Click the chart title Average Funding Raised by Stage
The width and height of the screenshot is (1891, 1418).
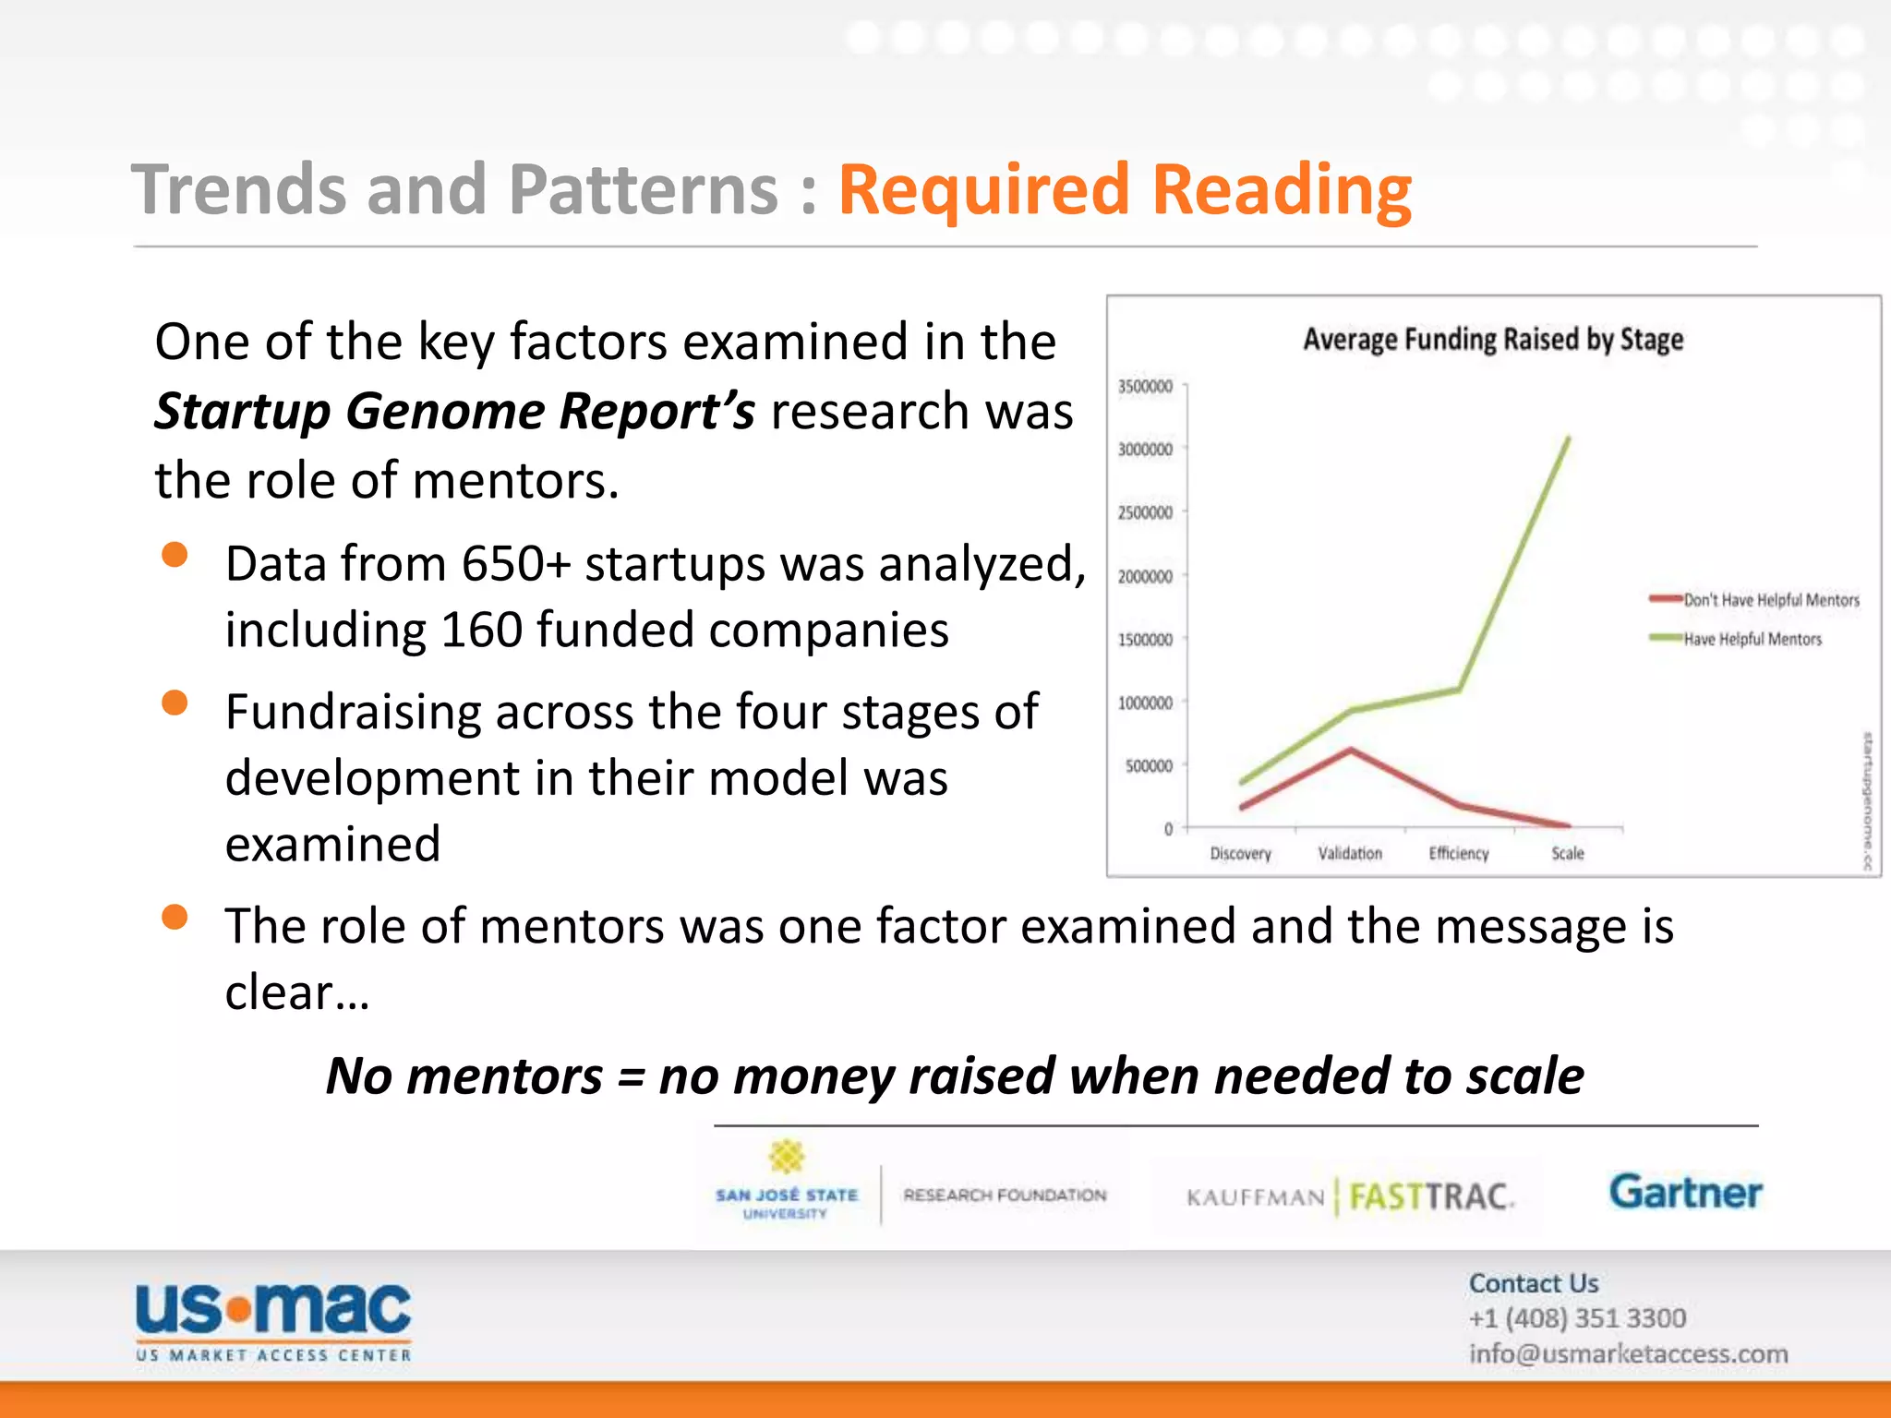point(1492,340)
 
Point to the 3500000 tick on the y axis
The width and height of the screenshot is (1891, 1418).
point(1145,386)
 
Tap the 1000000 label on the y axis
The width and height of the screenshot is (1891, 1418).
point(1145,703)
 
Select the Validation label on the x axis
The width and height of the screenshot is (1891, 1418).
point(1349,853)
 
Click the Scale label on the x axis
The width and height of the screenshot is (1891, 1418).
point(1567,853)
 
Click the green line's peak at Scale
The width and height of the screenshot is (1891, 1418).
point(1568,439)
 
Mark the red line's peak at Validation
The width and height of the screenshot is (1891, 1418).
point(1350,750)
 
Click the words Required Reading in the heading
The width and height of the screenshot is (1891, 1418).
point(1124,190)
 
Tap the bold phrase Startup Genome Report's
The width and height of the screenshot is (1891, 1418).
point(454,411)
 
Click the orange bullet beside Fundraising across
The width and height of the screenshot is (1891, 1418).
point(175,703)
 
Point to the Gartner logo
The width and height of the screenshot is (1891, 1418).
point(1685,1192)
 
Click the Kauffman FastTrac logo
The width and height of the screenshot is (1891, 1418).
point(1349,1197)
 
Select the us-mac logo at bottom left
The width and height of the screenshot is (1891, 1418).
point(273,1321)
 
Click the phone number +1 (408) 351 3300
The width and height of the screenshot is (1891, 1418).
point(1577,1318)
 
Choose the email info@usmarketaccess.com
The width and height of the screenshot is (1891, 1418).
point(1628,1353)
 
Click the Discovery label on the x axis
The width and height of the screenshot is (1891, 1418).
point(1240,853)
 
